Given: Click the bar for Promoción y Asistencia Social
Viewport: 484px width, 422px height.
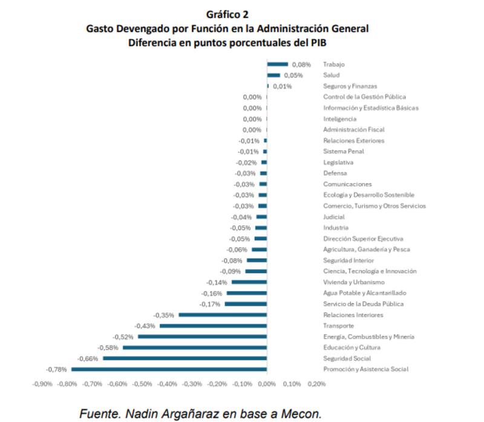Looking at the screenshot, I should [x=169, y=369].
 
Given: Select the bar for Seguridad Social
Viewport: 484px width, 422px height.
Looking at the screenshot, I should [x=185, y=358].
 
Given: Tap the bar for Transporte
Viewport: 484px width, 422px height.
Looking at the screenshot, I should [x=213, y=326].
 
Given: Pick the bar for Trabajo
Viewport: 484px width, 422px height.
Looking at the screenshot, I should [x=278, y=64].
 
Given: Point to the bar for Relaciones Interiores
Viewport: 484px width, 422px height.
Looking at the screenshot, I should [x=223, y=315].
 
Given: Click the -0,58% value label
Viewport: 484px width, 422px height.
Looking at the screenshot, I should [x=109, y=348].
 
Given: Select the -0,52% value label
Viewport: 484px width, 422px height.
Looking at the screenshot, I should [x=124, y=337].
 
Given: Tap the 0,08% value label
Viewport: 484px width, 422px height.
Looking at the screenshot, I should [x=301, y=64].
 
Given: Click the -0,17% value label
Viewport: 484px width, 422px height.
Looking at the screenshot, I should [x=211, y=304].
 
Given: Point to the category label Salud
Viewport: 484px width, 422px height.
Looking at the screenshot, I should [x=331, y=75].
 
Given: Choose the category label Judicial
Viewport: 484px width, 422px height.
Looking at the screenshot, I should [x=334, y=217].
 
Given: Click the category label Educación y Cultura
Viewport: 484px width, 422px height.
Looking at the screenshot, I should [x=352, y=348].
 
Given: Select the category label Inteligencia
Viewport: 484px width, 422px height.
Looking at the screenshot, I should [x=339, y=119].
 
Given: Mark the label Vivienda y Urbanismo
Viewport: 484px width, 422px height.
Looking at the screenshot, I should [x=355, y=282].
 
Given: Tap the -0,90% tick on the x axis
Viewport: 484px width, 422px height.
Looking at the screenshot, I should [x=42, y=384].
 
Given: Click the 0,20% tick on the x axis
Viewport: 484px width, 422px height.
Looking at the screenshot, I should [x=316, y=384].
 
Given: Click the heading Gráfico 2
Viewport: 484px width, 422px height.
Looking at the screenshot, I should [x=227, y=15].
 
